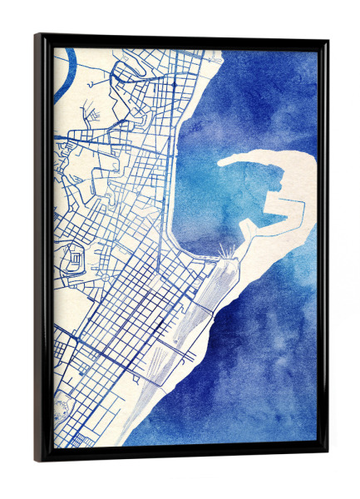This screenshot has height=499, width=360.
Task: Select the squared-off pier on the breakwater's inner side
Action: (x=272, y=199)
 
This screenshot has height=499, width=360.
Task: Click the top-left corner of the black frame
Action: (x=37, y=36)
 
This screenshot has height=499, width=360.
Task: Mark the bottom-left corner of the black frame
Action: (x=37, y=459)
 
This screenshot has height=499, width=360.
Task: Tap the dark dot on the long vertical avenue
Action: (x=173, y=84)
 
